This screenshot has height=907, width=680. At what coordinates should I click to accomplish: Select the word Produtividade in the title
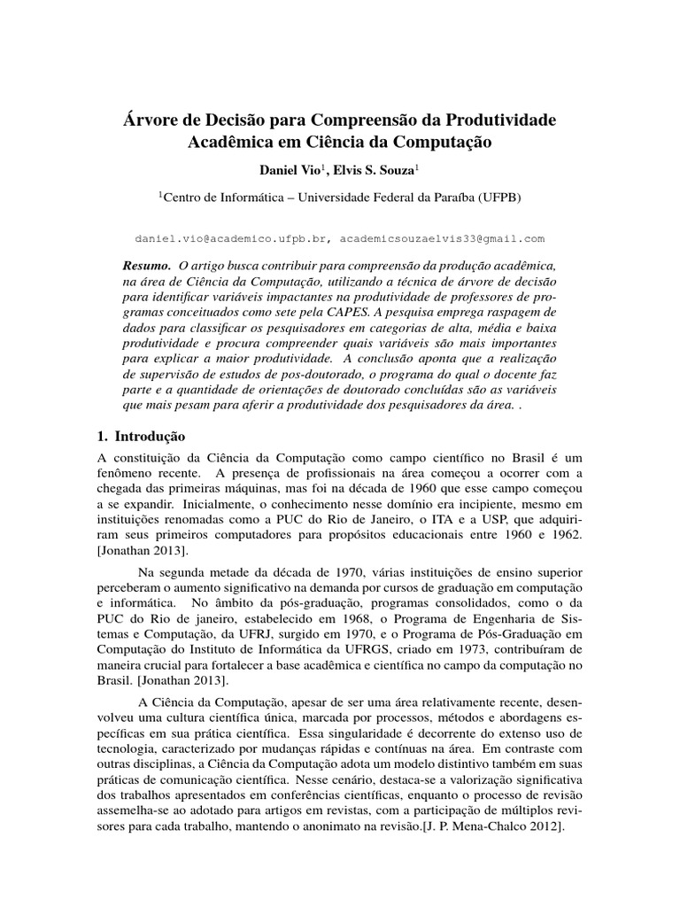click(x=500, y=118)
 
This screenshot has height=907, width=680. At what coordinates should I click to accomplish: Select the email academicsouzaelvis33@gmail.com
click(x=442, y=239)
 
